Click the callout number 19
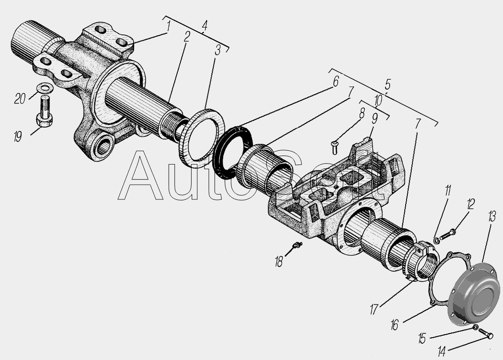click(x=18, y=137)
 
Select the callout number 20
click(x=19, y=99)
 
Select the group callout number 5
click(x=388, y=85)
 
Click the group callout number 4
click(x=205, y=26)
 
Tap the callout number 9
click(x=374, y=119)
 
